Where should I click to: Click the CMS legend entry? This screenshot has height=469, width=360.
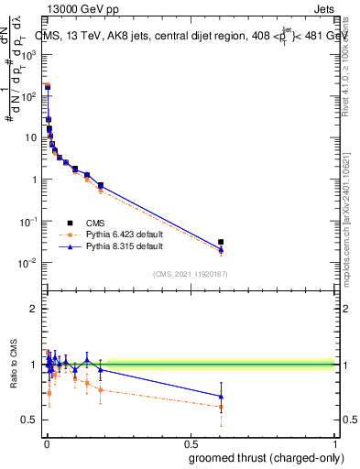pos(95,222)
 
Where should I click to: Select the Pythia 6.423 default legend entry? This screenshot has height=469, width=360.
pos(119,234)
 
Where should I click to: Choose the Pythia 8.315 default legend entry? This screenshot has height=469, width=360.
pos(119,246)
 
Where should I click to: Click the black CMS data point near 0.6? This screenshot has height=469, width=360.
pos(221,243)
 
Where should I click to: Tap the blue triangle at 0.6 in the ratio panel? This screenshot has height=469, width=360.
pos(221,397)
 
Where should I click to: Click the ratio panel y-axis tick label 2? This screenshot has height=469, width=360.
pos(35,310)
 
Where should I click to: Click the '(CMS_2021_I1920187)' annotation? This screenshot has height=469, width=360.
pos(190,273)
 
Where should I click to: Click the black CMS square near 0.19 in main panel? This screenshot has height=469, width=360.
pos(101,186)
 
